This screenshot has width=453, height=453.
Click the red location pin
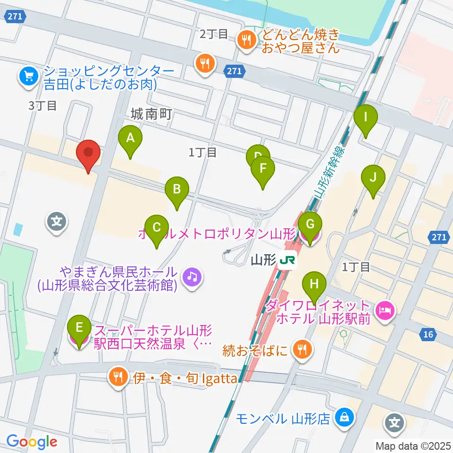(x=88, y=153)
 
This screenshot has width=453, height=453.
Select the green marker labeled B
(x=177, y=191)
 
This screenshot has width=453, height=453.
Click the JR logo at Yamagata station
(x=287, y=260)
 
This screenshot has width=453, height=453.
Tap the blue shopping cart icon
(x=28, y=75)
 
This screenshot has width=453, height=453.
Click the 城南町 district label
(x=151, y=114)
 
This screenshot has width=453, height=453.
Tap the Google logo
(x=32, y=442)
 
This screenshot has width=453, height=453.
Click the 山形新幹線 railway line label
(x=329, y=176)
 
